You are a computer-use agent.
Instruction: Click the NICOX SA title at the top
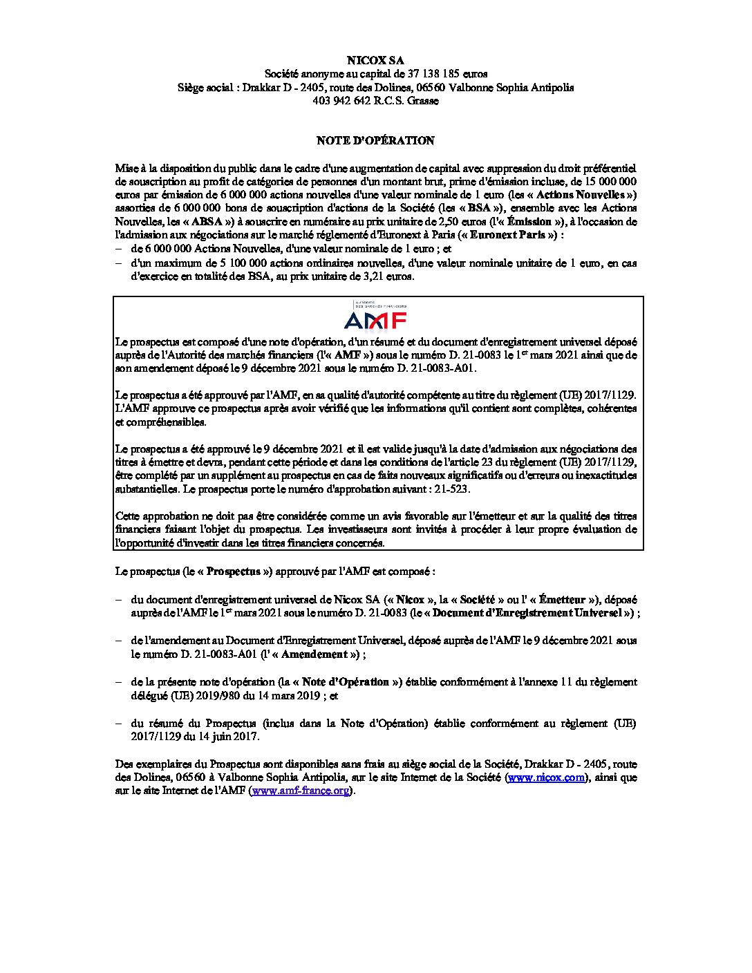375,60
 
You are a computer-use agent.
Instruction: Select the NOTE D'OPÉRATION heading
375,140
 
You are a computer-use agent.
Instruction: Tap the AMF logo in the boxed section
375,319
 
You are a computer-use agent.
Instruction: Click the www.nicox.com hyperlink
547,777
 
